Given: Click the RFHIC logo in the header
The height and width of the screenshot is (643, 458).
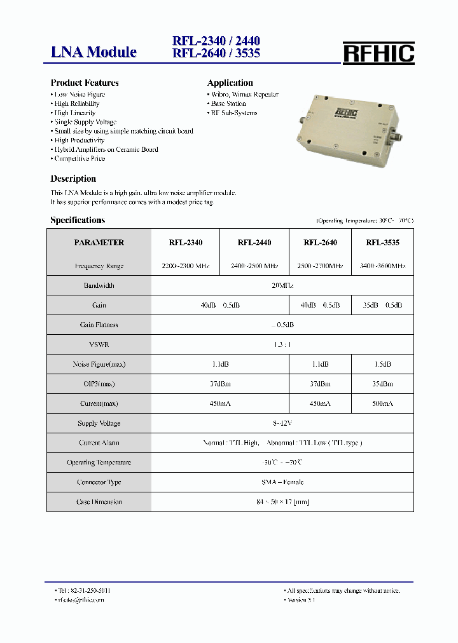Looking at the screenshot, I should [x=378, y=53].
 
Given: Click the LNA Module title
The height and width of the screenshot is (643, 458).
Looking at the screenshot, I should [x=94, y=52].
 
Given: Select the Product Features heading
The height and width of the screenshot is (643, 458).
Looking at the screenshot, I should [x=85, y=83].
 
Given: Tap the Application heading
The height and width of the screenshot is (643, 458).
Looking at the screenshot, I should [x=230, y=83].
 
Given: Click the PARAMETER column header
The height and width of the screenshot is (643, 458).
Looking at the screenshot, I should [x=99, y=243].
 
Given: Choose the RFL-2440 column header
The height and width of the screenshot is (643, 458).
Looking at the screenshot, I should [x=254, y=243].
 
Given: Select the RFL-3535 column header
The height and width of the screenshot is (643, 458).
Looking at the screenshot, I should [x=382, y=243].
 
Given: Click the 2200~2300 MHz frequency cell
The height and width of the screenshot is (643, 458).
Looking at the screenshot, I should [x=185, y=266].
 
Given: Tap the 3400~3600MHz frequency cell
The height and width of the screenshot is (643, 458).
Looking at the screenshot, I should [x=382, y=266].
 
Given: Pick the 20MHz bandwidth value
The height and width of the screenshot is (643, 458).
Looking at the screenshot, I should [x=282, y=286].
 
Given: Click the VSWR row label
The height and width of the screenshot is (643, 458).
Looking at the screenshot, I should [x=99, y=344].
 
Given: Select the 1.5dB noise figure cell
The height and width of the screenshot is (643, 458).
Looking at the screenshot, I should [x=382, y=364].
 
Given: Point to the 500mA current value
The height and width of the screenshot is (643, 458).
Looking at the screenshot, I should [x=382, y=403].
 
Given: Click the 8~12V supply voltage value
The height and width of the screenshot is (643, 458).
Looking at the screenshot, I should [x=282, y=423].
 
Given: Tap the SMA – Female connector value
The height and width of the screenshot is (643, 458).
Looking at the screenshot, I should [x=282, y=482].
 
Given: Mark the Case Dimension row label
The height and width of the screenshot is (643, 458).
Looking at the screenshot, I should [x=99, y=502].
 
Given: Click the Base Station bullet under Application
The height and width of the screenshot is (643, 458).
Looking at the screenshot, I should [x=228, y=104].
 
